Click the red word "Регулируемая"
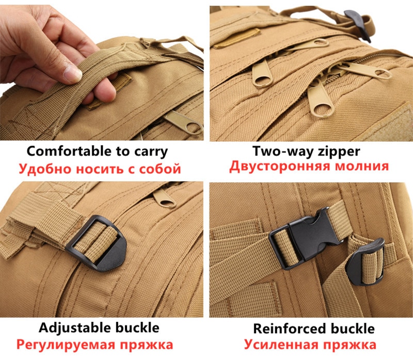(66, 345)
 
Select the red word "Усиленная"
(281, 345)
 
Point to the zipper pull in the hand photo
(184, 122)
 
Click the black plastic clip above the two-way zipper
(358, 24)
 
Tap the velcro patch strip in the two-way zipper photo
(236, 38)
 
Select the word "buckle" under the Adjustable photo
(137, 328)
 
